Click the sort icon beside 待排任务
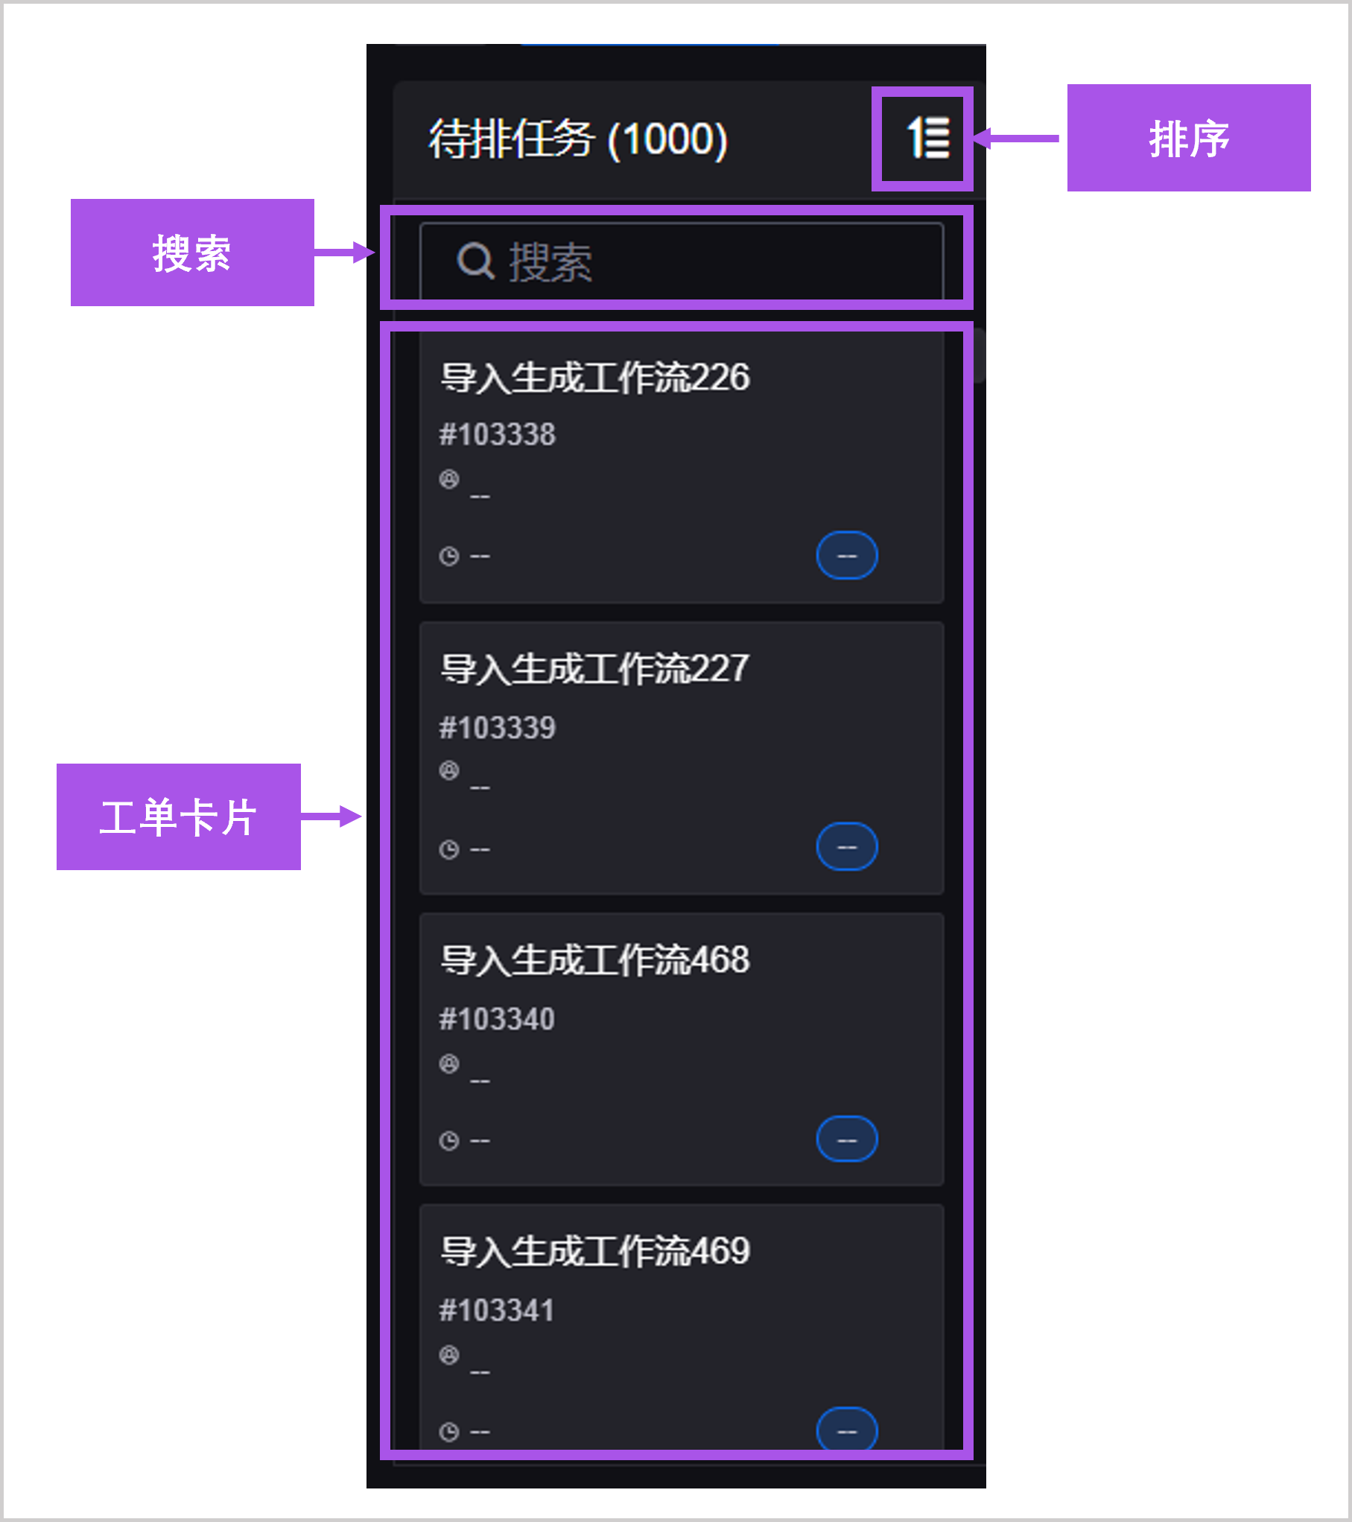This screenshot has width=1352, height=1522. [927, 139]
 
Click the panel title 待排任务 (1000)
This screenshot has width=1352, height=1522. [577, 139]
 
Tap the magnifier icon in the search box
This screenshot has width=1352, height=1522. [475, 261]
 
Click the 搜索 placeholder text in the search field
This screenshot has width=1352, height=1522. [550, 262]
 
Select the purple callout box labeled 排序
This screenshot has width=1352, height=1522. [1188, 139]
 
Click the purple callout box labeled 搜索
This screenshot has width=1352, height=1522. [192, 253]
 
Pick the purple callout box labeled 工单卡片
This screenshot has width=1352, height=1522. [179, 817]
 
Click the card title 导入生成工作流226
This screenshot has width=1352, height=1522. [594, 377]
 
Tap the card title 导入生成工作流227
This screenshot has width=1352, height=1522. [594, 668]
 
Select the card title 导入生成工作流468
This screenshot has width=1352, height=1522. [594, 960]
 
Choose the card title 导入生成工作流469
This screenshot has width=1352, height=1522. [594, 1251]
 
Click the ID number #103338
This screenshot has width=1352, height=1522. [497, 434]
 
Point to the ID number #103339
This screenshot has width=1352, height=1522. [497, 727]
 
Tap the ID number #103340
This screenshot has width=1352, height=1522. [497, 1018]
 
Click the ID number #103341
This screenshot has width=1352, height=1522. [497, 1310]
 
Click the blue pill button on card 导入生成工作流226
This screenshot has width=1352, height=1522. [847, 556]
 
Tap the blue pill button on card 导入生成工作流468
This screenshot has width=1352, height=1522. [847, 1139]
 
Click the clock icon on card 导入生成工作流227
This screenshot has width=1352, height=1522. [448, 849]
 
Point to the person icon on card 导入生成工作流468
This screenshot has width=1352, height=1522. [448, 1064]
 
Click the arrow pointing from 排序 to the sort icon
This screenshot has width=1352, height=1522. [1017, 139]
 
